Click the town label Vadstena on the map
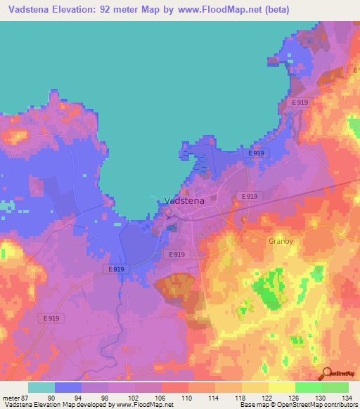pyautogui.click(x=184, y=200)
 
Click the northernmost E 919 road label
pyautogui.click(x=300, y=103)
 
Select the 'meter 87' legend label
pyautogui.click(x=14, y=397)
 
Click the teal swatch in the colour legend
pyautogui.click(x=41, y=387)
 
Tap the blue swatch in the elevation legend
pyautogui.click(x=68, y=387)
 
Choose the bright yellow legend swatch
pyautogui.click(x=282, y=387)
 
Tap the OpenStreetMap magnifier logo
pyautogui.click(x=326, y=373)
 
